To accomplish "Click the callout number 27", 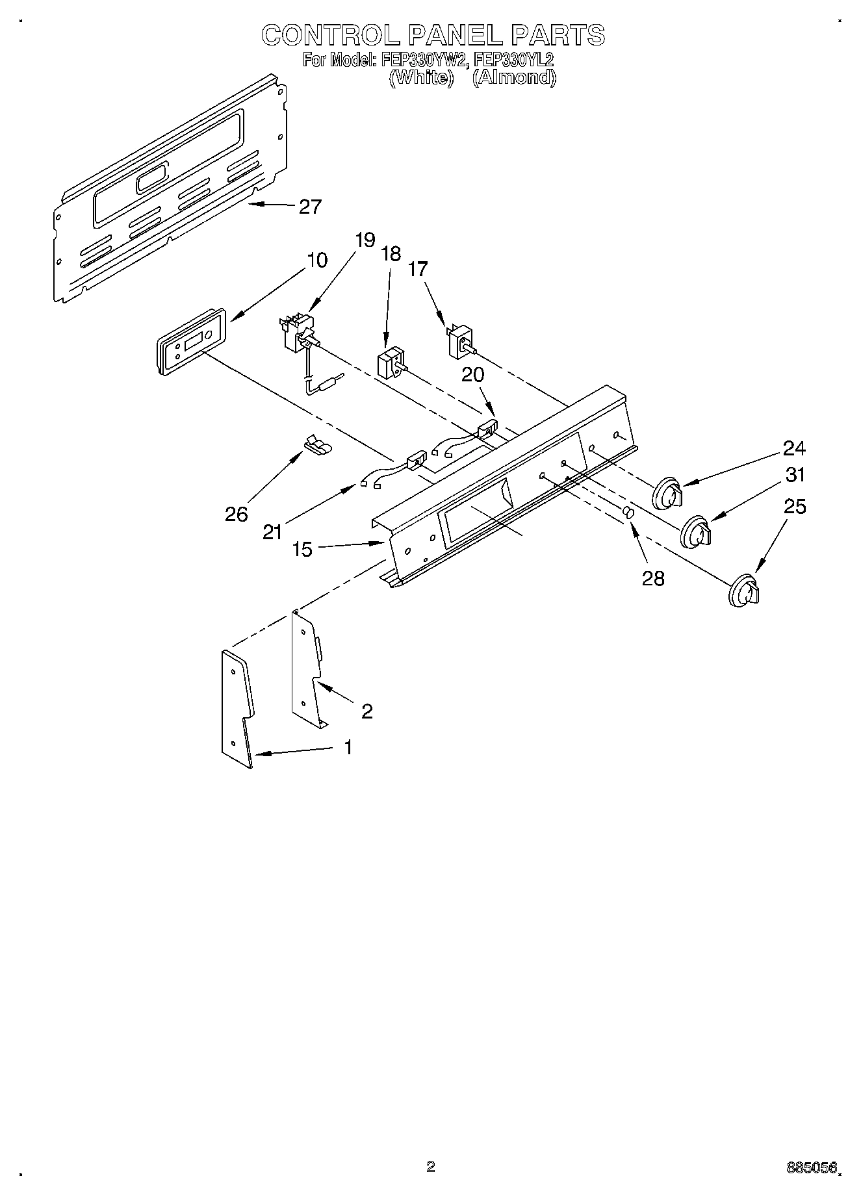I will click(310, 207).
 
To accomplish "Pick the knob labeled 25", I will click(743, 591).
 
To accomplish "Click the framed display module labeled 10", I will click(191, 342).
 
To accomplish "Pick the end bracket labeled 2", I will click(308, 668).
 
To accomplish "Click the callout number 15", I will click(302, 550).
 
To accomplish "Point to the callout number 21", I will click(272, 531).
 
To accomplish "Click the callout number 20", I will click(473, 375).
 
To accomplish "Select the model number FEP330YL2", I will click(513, 60).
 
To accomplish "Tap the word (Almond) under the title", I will click(514, 78).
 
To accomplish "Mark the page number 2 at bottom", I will click(430, 1166).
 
